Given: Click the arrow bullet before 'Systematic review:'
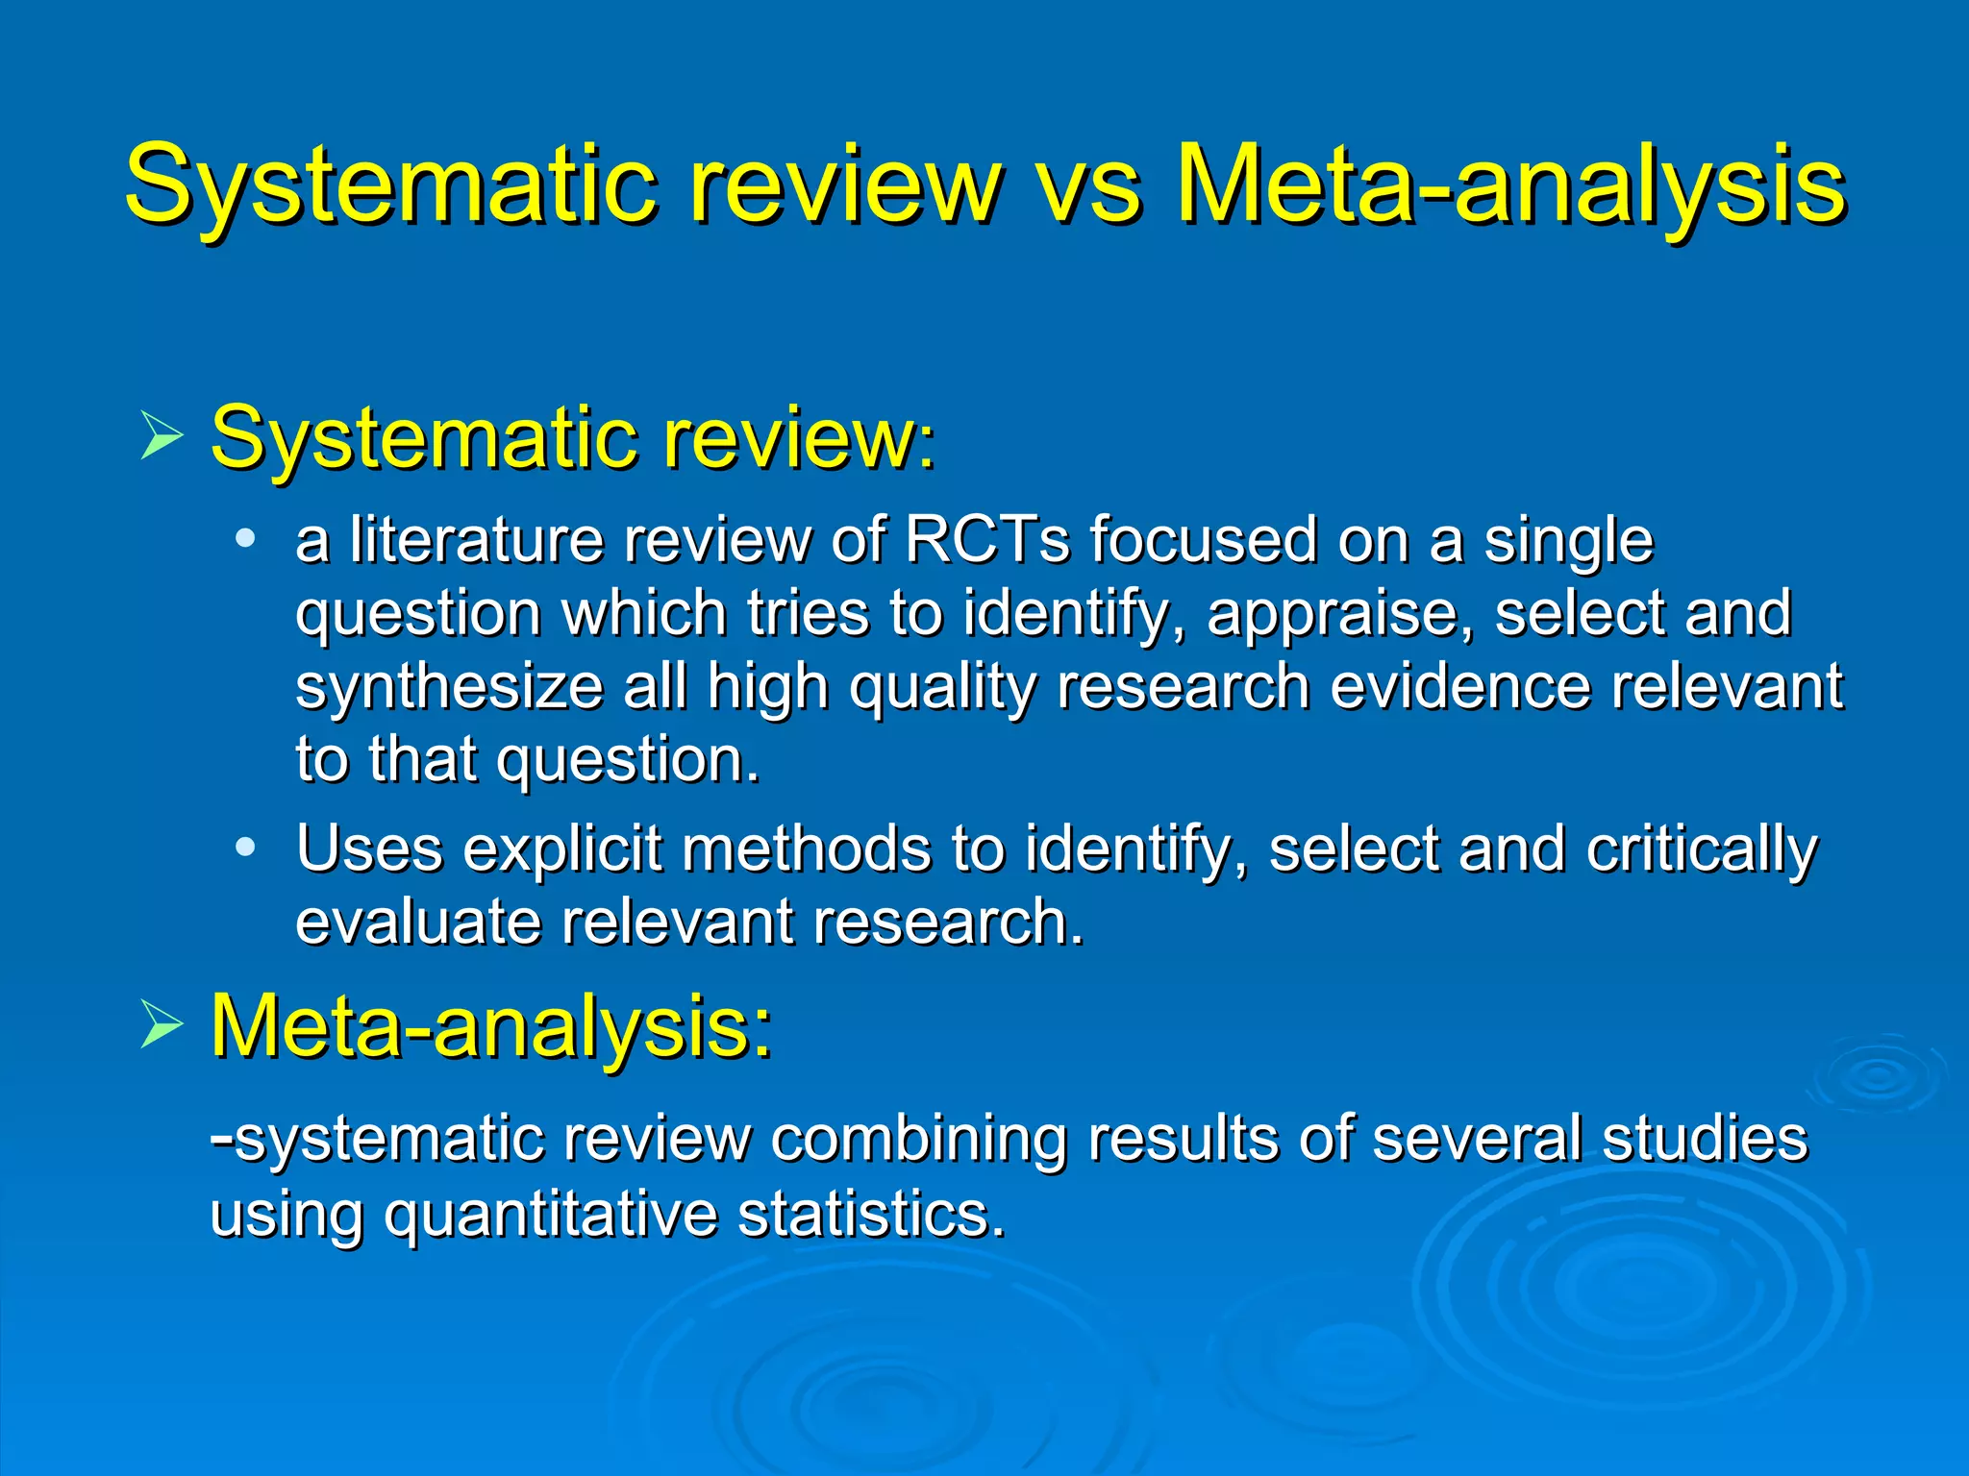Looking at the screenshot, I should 161,435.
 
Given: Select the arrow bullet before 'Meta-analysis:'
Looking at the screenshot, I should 161,1024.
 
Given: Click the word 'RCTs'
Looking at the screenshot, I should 986,539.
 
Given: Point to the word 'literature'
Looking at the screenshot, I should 476,539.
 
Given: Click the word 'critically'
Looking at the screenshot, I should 1702,850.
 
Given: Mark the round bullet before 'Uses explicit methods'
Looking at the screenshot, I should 246,848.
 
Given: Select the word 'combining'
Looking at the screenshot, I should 918,1140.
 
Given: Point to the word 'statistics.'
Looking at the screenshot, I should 871,1213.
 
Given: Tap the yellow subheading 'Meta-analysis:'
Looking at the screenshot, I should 491,1026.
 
